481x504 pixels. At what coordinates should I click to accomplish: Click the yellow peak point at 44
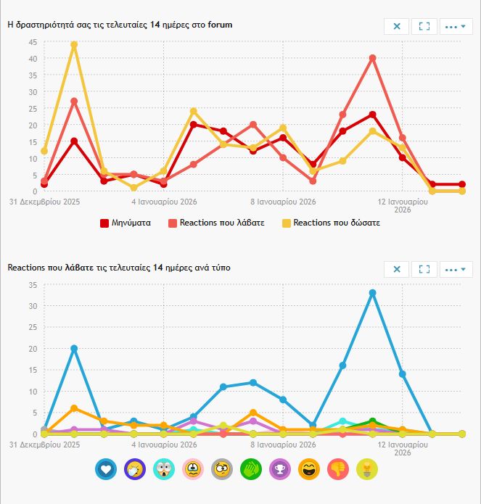pyautogui.click(x=74, y=45)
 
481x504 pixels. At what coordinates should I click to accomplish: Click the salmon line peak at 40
pyautogui.click(x=372, y=58)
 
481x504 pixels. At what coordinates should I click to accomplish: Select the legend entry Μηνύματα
pyautogui.click(x=125, y=223)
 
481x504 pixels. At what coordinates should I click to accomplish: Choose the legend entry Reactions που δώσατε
pyautogui.click(x=329, y=223)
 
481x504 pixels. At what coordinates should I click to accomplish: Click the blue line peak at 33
pyautogui.click(x=372, y=293)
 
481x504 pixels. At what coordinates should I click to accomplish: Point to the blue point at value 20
pyautogui.click(x=74, y=349)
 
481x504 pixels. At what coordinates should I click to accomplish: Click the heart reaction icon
pyautogui.click(x=106, y=469)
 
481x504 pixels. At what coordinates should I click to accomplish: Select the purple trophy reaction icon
pyautogui.click(x=279, y=469)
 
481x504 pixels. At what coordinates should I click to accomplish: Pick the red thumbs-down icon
pyautogui.click(x=337, y=469)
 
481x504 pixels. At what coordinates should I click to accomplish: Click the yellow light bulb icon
pyautogui.click(x=366, y=469)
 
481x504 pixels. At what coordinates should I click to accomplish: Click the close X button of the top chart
pyautogui.click(x=396, y=26)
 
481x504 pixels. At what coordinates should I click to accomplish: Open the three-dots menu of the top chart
pyautogui.click(x=456, y=26)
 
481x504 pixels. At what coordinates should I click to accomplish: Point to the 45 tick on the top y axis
pyautogui.click(x=33, y=42)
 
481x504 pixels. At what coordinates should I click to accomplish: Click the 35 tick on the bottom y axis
pyautogui.click(x=33, y=285)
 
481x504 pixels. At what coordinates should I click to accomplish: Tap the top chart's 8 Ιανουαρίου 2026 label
pyautogui.click(x=283, y=202)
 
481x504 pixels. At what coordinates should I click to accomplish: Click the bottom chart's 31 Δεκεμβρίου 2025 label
pyautogui.click(x=45, y=445)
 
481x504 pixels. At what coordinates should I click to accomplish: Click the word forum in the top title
pyautogui.click(x=221, y=25)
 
